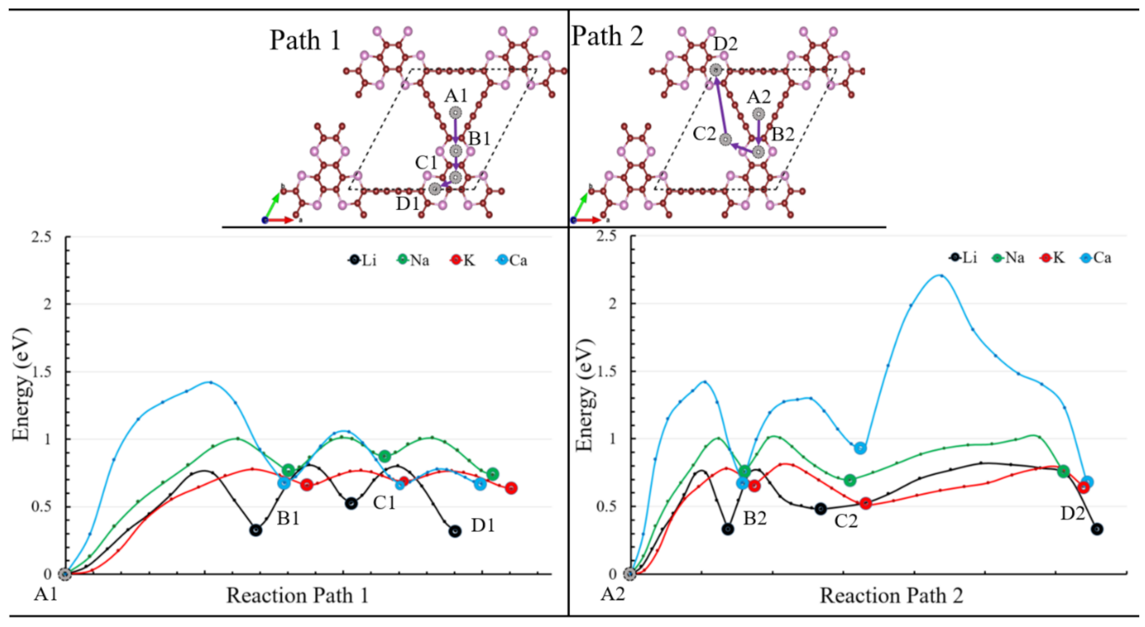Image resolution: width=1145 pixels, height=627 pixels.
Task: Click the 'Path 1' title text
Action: pyautogui.click(x=305, y=40)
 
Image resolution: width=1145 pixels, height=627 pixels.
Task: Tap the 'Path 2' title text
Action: pyautogui.click(x=607, y=36)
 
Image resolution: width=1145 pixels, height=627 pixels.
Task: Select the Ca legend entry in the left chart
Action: pyautogui.click(x=512, y=260)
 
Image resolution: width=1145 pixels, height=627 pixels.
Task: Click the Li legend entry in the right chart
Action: pyautogui.click(x=963, y=257)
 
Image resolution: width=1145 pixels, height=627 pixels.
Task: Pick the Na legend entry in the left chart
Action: pyautogui.click(x=413, y=260)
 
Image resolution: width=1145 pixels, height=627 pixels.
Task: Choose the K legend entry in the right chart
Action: pyautogui.click(x=1052, y=257)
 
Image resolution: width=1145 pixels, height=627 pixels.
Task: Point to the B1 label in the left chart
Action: pyautogui.click(x=288, y=518)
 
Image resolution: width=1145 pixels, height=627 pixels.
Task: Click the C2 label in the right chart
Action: pyautogui.click(x=846, y=521)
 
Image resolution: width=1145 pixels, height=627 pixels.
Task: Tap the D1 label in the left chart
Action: pyautogui.click(x=483, y=526)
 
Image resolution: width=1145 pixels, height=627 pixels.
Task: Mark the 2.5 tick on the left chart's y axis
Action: pyautogui.click(x=41, y=237)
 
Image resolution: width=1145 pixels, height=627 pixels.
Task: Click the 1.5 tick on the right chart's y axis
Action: pyautogui.click(x=606, y=371)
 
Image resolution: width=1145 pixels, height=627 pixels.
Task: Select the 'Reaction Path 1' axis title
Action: pyautogui.click(x=297, y=596)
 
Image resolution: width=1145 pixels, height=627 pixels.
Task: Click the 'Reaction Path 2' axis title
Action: pyautogui.click(x=891, y=596)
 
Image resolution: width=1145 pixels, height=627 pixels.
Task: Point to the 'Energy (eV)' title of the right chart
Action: pyautogui.click(x=585, y=395)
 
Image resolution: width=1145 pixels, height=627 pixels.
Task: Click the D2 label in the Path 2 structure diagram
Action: pyautogui.click(x=725, y=44)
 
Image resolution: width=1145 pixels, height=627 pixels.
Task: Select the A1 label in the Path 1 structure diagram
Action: pyautogui.click(x=456, y=96)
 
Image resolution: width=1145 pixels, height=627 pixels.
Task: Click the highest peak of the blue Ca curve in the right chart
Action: pyautogui.click(x=940, y=275)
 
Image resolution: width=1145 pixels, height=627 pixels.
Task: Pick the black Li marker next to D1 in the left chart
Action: pyautogui.click(x=455, y=531)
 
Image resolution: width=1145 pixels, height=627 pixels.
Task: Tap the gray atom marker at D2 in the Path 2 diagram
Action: pyautogui.click(x=716, y=70)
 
